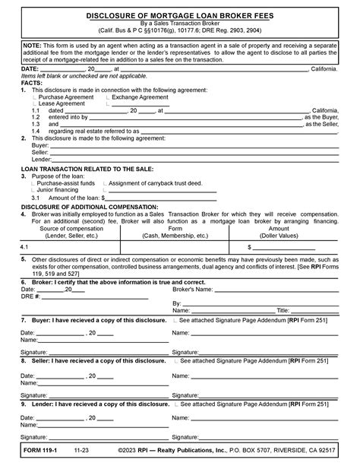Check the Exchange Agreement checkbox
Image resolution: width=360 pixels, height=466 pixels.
109,97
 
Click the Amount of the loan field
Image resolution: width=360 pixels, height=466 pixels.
137,197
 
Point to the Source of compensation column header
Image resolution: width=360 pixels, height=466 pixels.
71,229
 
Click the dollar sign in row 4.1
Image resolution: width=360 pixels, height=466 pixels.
249,248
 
